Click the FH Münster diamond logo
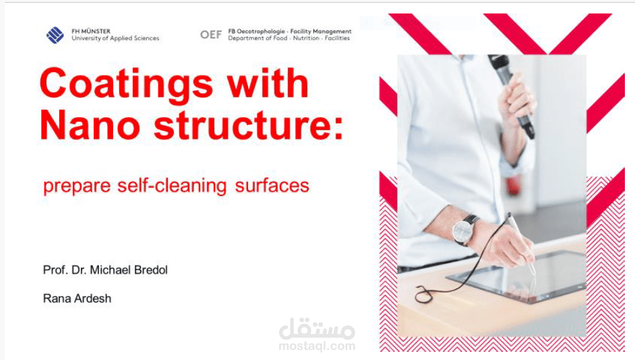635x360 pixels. pyautogui.click(x=55, y=35)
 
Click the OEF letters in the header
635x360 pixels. pyautogui.click(x=210, y=34)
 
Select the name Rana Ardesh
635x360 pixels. pyautogui.click(x=77, y=298)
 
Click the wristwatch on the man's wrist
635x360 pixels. pyautogui.click(x=465, y=229)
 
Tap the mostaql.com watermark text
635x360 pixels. pyautogui.click(x=316, y=347)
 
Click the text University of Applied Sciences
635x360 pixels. pyautogui.click(x=115, y=38)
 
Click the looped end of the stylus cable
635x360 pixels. pyautogui.click(x=423, y=295)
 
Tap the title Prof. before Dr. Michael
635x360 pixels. pyautogui.click(x=54, y=270)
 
